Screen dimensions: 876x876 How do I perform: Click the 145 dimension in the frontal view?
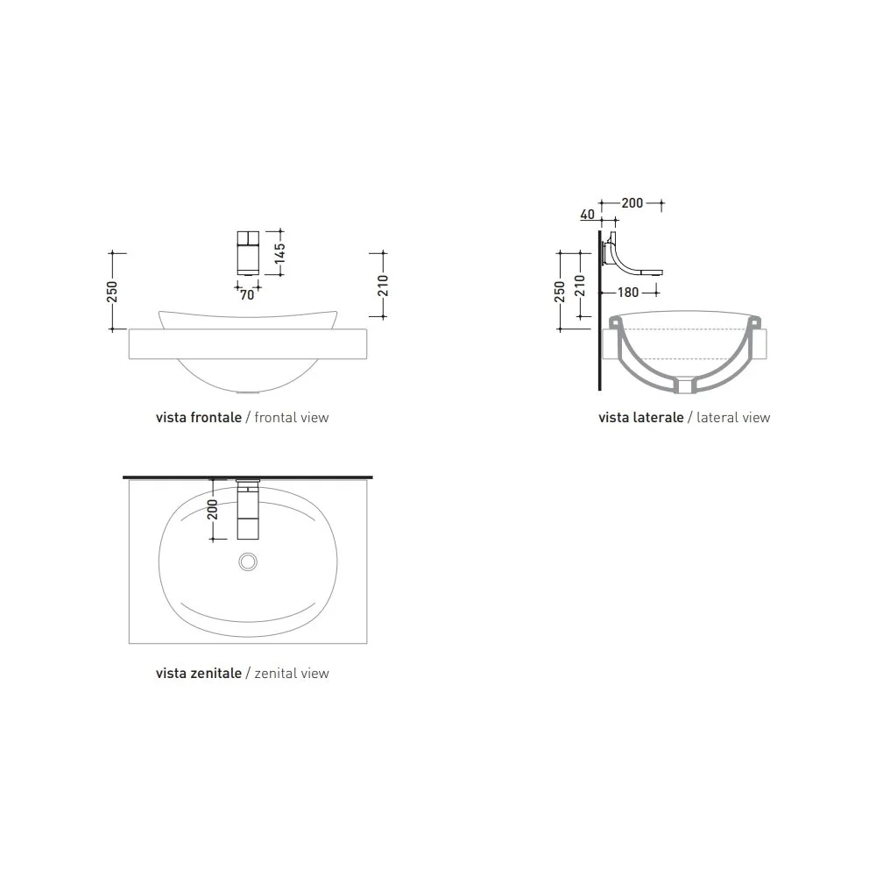(280, 252)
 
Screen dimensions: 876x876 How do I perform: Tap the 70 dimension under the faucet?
(247, 294)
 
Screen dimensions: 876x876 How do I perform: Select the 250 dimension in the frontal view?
(112, 292)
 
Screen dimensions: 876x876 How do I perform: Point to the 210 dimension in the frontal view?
(383, 286)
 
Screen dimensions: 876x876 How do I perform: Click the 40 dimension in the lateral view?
(587, 214)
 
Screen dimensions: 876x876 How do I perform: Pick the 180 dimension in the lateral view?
(628, 293)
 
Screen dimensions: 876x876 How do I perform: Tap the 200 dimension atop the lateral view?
(632, 203)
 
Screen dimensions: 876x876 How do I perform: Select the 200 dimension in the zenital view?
(213, 509)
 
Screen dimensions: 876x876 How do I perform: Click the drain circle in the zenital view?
(248, 562)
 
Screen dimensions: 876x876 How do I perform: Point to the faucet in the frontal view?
(248, 252)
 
